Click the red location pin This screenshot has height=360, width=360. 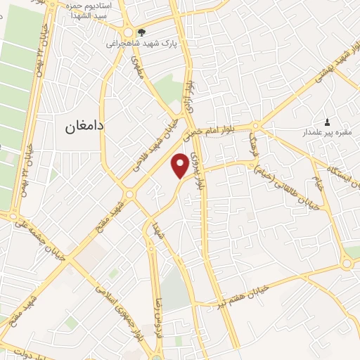pos(181,165)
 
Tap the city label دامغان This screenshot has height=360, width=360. pos(84,126)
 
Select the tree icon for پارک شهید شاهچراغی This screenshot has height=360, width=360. pos(142,32)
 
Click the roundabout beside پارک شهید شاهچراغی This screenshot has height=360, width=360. pos(129,32)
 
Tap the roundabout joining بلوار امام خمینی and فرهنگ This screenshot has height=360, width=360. pos(255,127)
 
